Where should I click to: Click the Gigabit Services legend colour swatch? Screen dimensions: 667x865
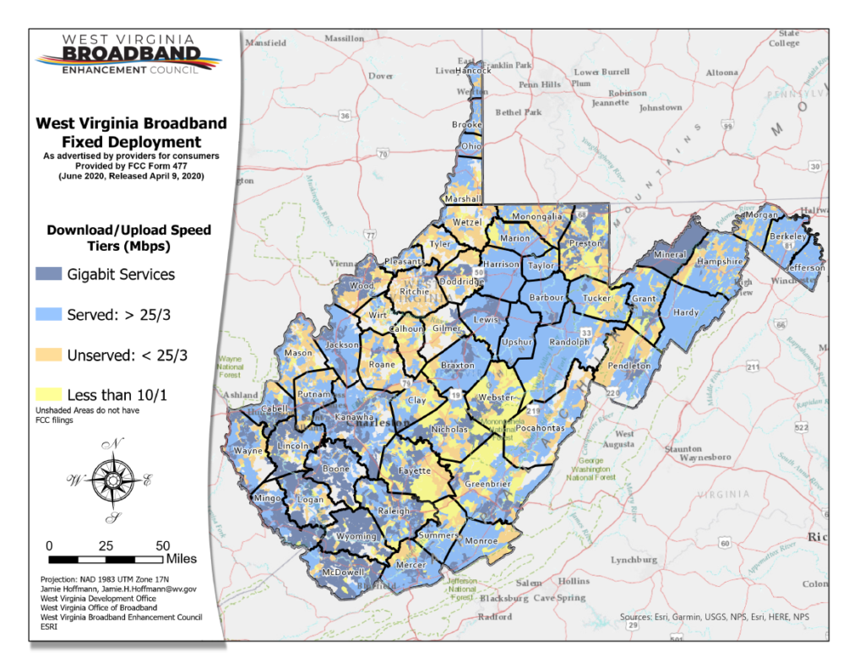(x=48, y=274)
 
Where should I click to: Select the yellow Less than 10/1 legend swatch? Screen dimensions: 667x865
(x=48, y=394)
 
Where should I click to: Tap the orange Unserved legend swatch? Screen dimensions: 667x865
(x=48, y=355)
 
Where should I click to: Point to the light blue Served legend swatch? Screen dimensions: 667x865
(x=48, y=314)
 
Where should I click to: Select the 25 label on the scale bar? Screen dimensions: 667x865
(x=106, y=545)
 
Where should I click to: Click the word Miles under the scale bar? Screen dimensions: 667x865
(x=181, y=559)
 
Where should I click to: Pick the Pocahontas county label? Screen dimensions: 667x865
(x=535, y=429)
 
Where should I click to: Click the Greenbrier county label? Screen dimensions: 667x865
(x=487, y=485)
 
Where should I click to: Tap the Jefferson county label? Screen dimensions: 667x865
(x=807, y=268)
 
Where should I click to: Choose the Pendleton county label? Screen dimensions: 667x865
(x=629, y=366)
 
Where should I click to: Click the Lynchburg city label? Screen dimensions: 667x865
(x=633, y=560)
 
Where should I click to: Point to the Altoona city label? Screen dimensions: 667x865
(x=721, y=73)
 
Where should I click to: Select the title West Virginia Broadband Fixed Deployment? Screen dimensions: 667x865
(x=131, y=133)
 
